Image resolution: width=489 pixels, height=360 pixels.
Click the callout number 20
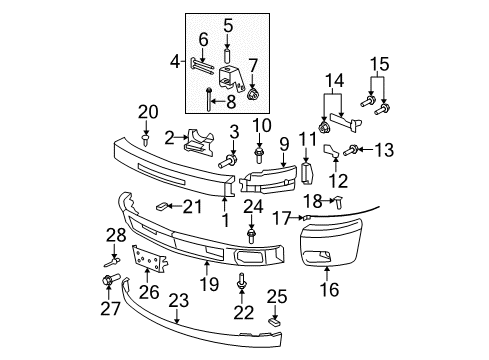tap(148, 111)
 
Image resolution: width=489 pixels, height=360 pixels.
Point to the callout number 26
tap(150, 294)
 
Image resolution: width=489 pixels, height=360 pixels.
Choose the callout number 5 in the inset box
tap(227, 25)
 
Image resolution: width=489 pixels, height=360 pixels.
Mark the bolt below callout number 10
tap(259, 154)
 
